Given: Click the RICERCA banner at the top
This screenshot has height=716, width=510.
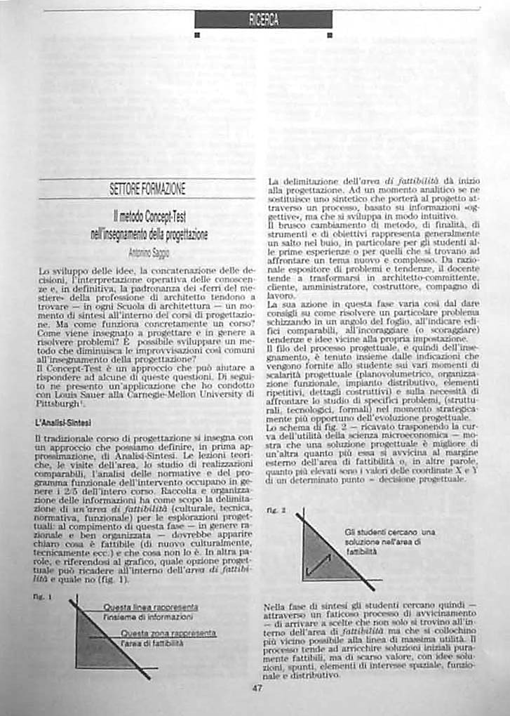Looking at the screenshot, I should pos(263,20).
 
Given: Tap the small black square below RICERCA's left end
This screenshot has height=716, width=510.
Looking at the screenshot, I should pos(198,34).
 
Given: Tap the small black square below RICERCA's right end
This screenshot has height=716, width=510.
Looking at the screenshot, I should pos(329,34).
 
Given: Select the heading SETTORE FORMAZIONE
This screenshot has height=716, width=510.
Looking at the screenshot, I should pos(147,189).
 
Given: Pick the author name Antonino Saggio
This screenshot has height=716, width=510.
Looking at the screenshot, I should pos(147,252).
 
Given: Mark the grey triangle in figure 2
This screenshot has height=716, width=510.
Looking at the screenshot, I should pos(319,558).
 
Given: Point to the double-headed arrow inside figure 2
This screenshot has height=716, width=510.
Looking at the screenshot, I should pos(319,564).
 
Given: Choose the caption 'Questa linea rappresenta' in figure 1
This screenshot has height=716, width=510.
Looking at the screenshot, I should pos(150,607).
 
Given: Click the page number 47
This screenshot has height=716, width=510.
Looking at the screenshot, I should pos(257,687).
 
